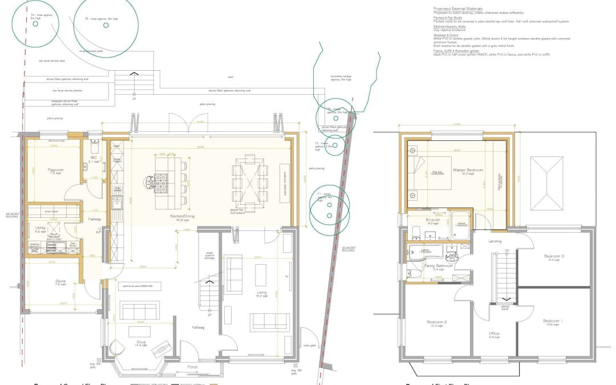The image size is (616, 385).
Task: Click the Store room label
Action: pyautogui.click(x=45, y=282)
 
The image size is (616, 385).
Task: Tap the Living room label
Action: pyautogui.click(x=262, y=293)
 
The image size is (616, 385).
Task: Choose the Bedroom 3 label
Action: pyautogui.click(x=553, y=257)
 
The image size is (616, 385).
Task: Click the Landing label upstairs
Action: pyautogui.click(x=495, y=241)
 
